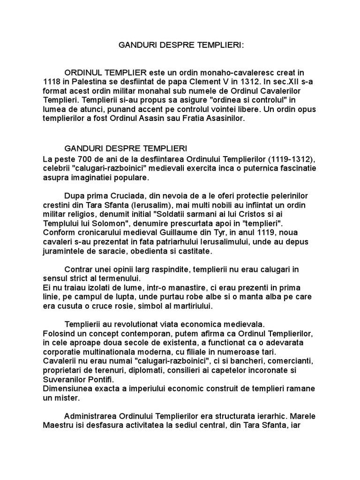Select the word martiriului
coord(190,306)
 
